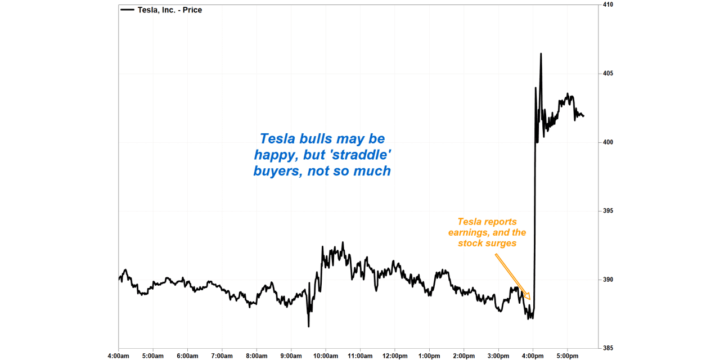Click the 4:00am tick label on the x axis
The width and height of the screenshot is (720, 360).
pyautogui.click(x=118, y=355)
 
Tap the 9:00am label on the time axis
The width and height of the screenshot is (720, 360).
pyautogui.click(x=291, y=355)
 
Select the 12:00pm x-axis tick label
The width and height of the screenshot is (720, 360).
pyautogui.click(x=394, y=355)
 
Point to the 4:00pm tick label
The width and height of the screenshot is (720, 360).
pyautogui.click(x=533, y=355)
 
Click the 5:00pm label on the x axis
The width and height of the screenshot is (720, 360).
pyautogui.click(x=567, y=355)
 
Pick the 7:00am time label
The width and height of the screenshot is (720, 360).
pyautogui.click(x=222, y=355)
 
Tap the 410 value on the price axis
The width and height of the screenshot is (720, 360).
pyautogui.click(x=608, y=4)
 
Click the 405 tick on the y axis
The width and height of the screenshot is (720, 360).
pyautogui.click(x=608, y=74)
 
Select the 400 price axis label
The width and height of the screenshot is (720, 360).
pyautogui.click(x=608, y=142)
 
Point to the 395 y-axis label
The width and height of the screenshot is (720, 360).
pyautogui.click(x=608, y=211)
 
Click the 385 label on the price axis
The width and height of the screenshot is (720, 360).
pyautogui.click(x=608, y=348)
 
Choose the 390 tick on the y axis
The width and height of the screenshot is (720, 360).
pyautogui.click(x=608, y=280)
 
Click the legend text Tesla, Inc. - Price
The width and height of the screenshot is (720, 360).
pyautogui.click(x=170, y=10)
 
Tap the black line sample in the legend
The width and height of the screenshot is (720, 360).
pyautogui.click(x=128, y=10)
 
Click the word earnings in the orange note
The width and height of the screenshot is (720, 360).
pyautogui.click(x=469, y=232)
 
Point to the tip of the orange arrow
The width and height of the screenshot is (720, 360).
pyautogui.click(x=530, y=299)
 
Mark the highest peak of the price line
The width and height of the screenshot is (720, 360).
pyautogui.click(x=541, y=54)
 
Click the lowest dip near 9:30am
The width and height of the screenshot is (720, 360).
pyautogui.click(x=308, y=326)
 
